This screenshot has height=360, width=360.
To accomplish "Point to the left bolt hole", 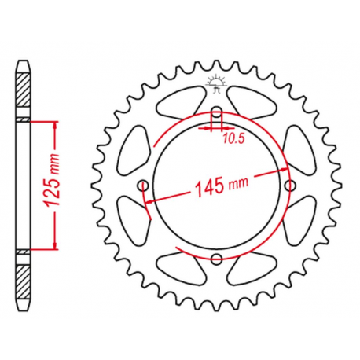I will click(143, 185).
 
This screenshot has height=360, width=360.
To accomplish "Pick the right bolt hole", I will click(292, 185).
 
